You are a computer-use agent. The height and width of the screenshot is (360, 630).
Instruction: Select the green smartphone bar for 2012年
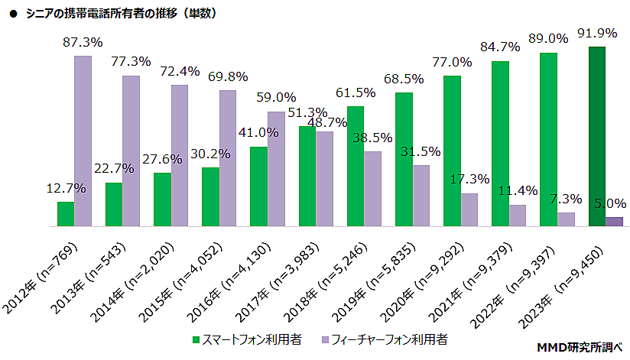coord(66,215)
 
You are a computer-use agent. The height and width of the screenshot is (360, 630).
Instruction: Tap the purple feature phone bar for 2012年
coord(83,141)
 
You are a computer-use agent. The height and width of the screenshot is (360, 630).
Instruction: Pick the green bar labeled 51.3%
coord(307,177)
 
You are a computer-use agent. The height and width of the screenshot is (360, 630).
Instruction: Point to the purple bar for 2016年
coord(276,170)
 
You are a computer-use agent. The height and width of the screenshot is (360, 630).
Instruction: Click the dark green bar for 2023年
coord(597,137)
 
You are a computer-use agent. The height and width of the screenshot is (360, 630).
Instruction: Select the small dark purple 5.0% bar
coord(614,222)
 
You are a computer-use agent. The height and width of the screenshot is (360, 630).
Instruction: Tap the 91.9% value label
coord(596,34)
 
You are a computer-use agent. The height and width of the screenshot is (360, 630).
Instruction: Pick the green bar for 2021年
coord(501,144)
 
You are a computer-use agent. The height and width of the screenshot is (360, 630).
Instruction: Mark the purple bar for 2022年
coord(566,220)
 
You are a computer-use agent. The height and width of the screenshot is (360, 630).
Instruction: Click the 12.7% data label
coord(66,188)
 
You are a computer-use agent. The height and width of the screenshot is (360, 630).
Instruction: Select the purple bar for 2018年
coord(372,190)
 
